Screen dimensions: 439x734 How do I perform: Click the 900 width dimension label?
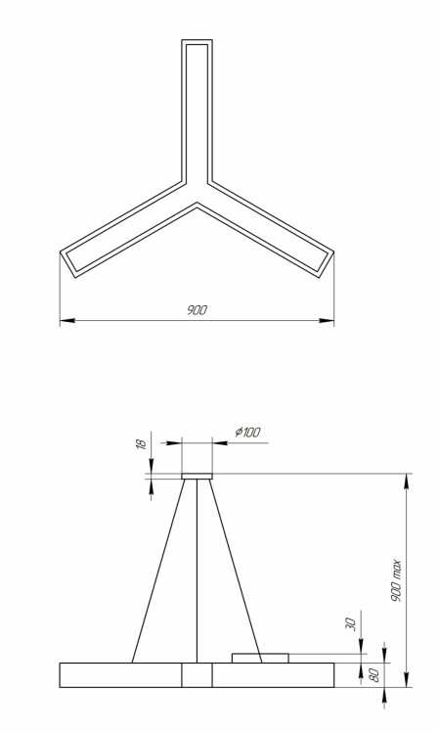(x=197, y=310)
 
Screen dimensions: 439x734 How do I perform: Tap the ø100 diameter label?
(x=247, y=432)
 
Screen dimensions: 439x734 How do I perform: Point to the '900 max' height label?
(x=396, y=580)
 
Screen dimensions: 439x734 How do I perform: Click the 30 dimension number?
(x=351, y=624)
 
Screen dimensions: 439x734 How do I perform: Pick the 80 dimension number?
(x=375, y=675)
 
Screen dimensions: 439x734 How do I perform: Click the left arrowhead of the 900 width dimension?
(x=67, y=321)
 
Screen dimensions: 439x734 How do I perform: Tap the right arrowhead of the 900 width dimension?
(x=327, y=321)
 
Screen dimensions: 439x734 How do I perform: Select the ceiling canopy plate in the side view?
(x=197, y=476)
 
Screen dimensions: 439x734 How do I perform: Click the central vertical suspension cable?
(x=197, y=572)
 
